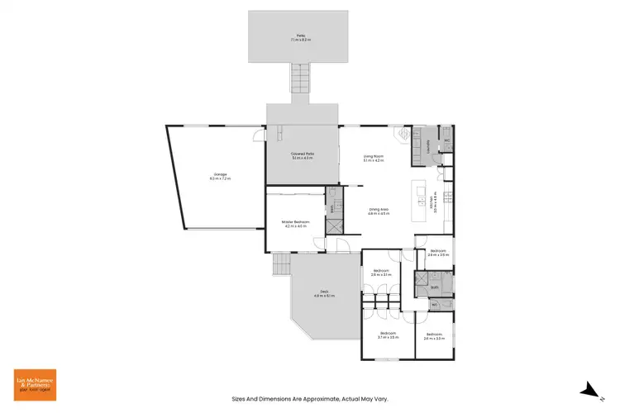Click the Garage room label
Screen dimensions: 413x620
click(220, 174)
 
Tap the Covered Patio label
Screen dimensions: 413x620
click(303, 154)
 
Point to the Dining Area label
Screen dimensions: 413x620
click(379, 210)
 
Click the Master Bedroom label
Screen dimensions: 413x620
click(295, 221)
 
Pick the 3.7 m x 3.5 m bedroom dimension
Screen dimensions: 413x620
click(389, 338)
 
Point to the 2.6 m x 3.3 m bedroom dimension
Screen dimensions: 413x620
click(435, 338)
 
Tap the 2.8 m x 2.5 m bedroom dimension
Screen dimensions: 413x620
click(438, 255)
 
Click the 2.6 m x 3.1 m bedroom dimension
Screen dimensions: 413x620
click(381, 275)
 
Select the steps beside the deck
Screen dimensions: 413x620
click(282, 265)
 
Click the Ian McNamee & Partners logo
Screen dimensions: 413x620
click(35, 385)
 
